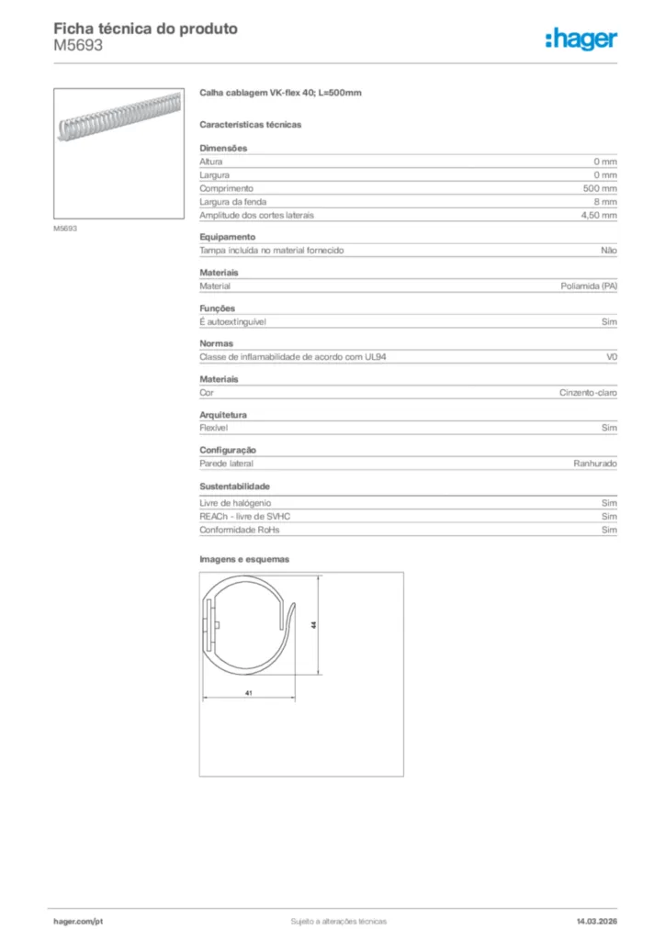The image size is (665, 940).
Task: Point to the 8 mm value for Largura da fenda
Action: tap(605, 201)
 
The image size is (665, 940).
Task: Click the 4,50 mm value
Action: tap(599, 215)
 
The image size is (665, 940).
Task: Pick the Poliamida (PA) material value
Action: tap(589, 286)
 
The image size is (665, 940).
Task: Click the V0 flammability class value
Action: tap(612, 357)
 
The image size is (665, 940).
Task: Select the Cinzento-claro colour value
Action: tap(589, 393)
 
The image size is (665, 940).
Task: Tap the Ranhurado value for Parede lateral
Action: tap(595, 464)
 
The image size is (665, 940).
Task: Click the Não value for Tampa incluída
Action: tap(609, 251)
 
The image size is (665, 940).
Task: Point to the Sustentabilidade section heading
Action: tap(234, 487)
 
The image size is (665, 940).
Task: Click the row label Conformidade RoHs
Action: tap(240, 530)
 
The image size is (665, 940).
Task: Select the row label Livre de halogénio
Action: tap(235, 503)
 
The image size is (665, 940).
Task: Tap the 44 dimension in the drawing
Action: tap(313, 624)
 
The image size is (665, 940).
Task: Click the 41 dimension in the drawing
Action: tap(248, 693)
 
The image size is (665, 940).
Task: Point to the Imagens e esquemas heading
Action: tap(244, 558)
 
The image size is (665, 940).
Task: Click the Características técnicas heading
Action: tap(251, 124)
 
